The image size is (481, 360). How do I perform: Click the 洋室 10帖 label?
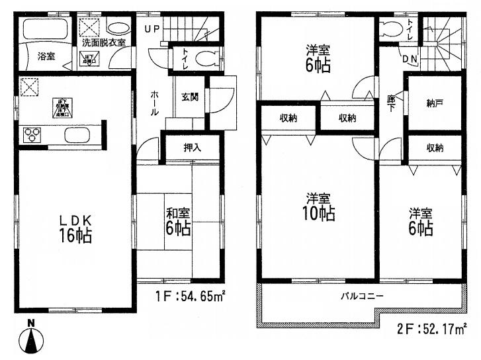click(x=319, y=206)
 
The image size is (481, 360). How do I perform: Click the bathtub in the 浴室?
click(x=44, y=30)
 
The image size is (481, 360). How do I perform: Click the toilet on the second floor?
click(x=391, y=30)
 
